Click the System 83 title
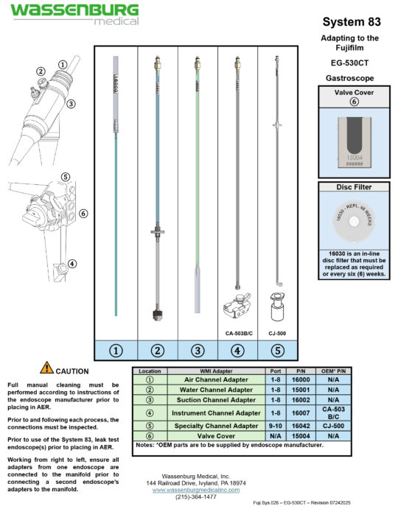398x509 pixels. click(351, 22)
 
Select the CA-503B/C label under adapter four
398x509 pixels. click(237, 331)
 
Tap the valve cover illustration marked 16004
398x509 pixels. click(352, 141)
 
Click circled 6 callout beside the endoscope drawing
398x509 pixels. click(83, 213)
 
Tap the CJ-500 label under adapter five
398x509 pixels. click(278, 331)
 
